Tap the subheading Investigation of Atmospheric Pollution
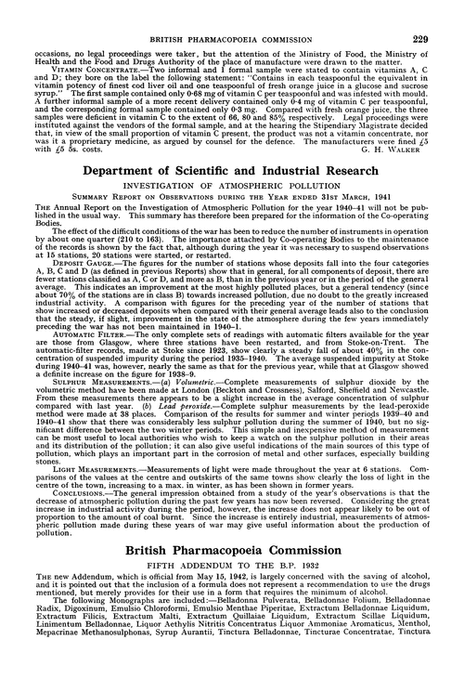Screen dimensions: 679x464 232,187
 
